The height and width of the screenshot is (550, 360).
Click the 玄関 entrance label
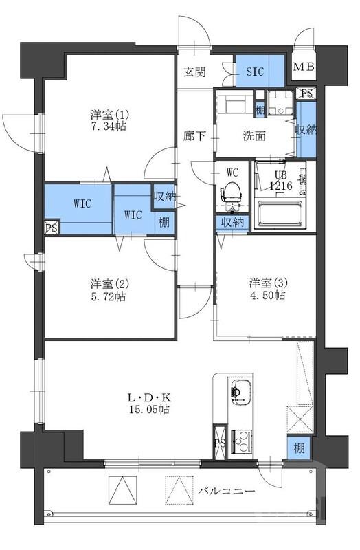[x=194, y=72]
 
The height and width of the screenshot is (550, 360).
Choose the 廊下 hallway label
[x=194, y=135]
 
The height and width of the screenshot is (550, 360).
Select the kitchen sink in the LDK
[x=238, y=392]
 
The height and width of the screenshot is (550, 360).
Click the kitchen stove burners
[x=240, y=438]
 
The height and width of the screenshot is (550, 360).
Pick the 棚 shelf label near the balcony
[x=297, y=448]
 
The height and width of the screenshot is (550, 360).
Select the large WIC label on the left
[x=76, y=203]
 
